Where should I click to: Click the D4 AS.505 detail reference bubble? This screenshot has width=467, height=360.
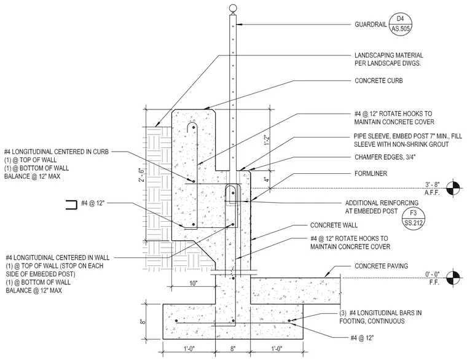[401, 23]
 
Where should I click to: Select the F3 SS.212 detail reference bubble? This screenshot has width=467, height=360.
[413, 217]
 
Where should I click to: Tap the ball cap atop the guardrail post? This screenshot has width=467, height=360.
[233, 9]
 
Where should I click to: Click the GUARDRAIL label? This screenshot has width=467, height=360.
[371, 25]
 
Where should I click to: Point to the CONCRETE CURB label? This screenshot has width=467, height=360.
[379, 80]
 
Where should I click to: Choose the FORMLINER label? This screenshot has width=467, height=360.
[371, 173]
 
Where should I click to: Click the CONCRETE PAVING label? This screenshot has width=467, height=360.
[381, 266]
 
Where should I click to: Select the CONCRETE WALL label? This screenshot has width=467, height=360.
[334, 225]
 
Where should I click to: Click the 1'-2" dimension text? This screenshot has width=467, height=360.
[267, 140]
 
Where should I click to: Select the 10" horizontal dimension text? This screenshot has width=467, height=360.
[194, 283]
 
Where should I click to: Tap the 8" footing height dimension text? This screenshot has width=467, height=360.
[143, 321]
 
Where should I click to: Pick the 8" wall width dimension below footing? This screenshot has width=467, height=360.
[233, 348]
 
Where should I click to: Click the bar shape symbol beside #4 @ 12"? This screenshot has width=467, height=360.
[71, 205]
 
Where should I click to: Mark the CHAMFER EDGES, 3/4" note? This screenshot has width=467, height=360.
[385, 157]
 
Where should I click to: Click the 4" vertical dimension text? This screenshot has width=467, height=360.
[267, 180]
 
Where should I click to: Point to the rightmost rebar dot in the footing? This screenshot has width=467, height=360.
[289, 321]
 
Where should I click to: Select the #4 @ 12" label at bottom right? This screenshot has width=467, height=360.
[362, 338]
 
